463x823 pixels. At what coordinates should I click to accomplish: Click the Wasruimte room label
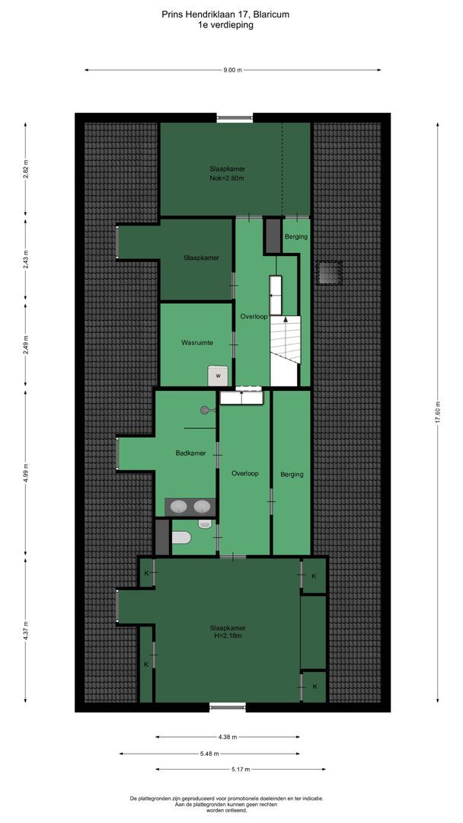coord(196,343)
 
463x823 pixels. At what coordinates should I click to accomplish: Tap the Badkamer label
coord(190,453)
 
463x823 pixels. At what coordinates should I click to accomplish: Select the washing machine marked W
coord(218,375)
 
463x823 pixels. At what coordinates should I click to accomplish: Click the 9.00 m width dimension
coord(232,70)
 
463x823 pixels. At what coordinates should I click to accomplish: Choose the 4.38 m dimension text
coord(227,737)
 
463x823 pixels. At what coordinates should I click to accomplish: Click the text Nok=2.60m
coord(232,178)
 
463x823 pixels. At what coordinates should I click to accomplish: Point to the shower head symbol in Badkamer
coord(204,410)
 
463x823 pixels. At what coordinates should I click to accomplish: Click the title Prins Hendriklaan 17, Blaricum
coord(225,14)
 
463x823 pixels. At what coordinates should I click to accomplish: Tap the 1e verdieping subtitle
coord(225,24)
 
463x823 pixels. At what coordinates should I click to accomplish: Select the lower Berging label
coord(292,474)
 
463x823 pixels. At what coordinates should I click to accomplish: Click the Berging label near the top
coord(296,236)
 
